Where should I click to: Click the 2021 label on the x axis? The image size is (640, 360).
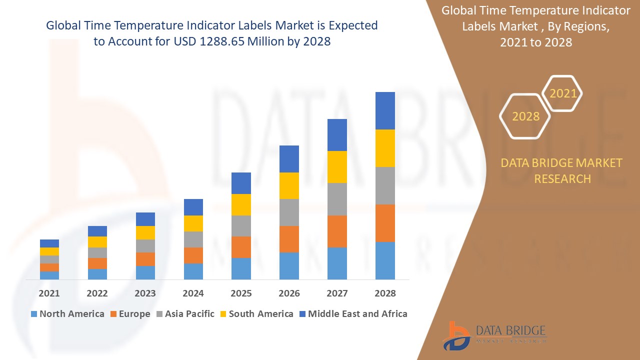(x=49, y=293)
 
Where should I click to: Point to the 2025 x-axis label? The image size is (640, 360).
(x=241, y=293)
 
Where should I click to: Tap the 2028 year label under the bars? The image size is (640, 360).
(x=385, y=293)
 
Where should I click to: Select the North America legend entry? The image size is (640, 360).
(x=67, y=314)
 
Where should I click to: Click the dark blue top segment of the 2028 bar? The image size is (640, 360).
(x=385, y=110)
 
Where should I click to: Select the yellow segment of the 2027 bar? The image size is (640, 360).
(x=337, y=167)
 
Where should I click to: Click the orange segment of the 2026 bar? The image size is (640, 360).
(x=289, y=239)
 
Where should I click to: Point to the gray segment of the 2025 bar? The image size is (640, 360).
(x=241, y=226)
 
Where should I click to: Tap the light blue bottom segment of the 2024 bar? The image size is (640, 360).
(x=193, y=271)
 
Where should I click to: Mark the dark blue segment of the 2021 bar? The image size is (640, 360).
(x=49, y=243)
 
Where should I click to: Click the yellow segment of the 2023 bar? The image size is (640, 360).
(x=145, y=232)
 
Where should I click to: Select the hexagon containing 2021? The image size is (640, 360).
(x=562, y=93)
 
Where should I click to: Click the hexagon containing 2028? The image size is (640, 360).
(x=525, y=116)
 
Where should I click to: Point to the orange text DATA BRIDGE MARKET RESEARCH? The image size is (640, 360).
(x=562, y=170)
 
